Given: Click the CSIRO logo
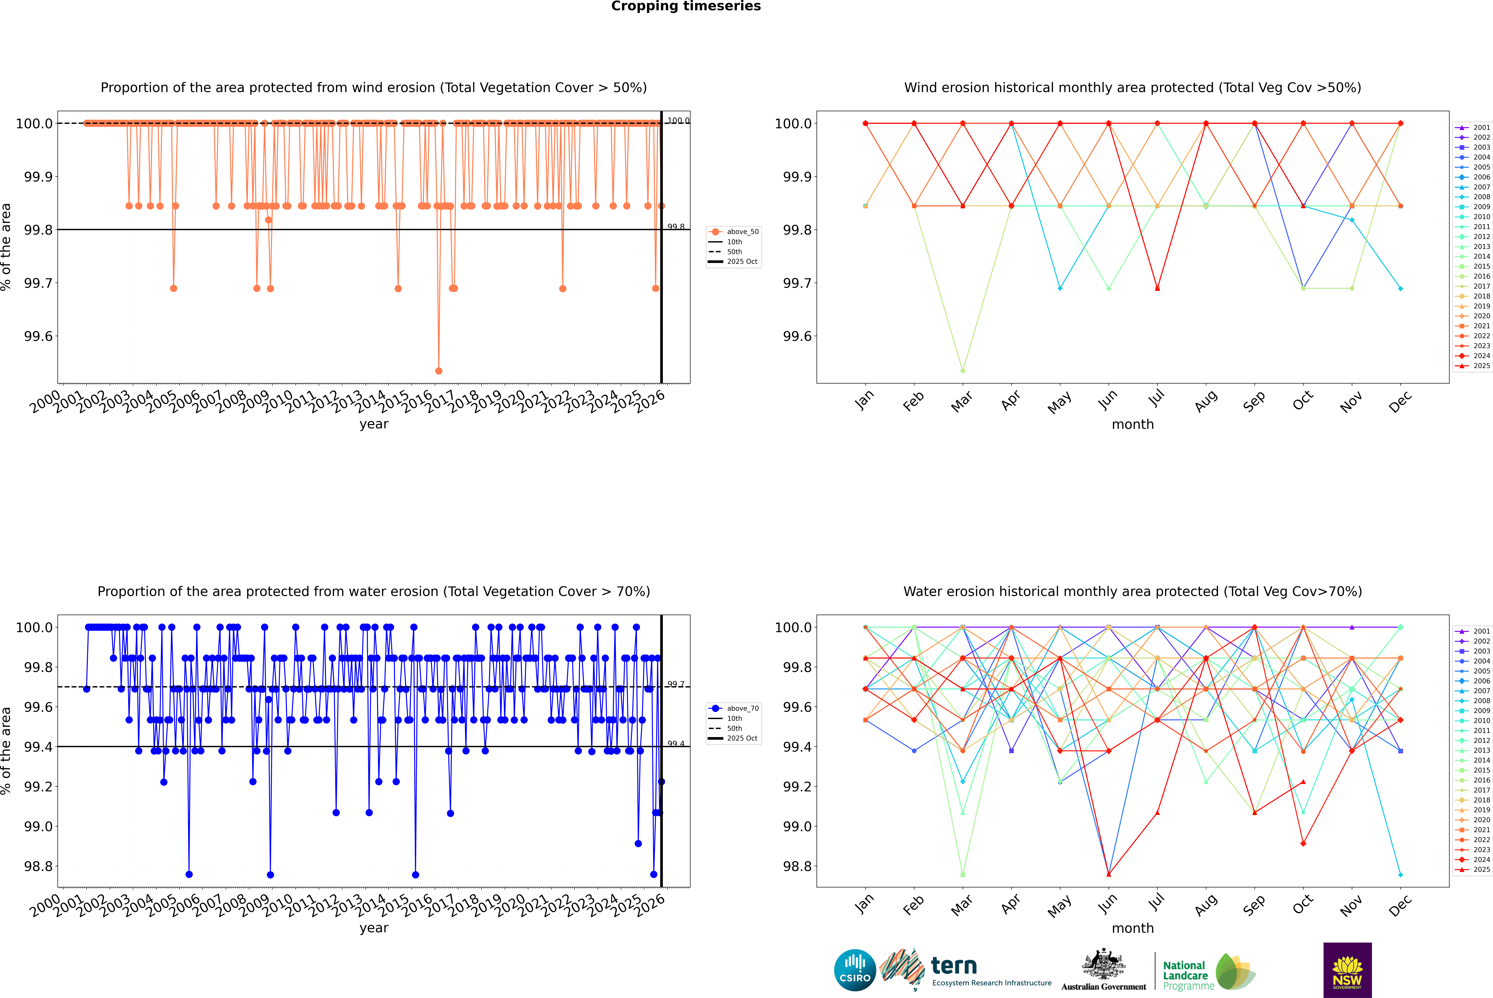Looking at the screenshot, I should tap(855, 970).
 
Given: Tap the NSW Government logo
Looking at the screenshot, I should tap(1347, 970).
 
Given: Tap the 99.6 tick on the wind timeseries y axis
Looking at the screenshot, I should tap(38, 336).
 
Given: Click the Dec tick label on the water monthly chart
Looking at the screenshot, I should tap(1400, 905).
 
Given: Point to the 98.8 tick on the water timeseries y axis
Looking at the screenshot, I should tap(38, 866).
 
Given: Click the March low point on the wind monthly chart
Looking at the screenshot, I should tap(962, 370).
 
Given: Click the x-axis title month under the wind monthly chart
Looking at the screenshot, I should tap(1132, 425).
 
